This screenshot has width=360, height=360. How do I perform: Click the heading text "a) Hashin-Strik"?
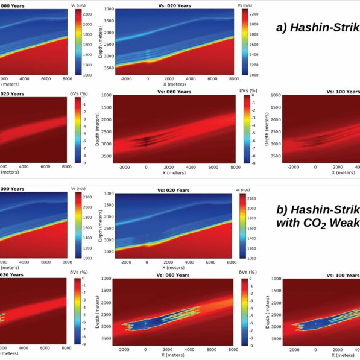tap(317, 28)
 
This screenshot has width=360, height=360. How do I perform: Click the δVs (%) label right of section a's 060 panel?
tap(248, 90)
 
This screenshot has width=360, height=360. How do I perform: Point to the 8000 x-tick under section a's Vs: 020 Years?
tap(232, 79)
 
